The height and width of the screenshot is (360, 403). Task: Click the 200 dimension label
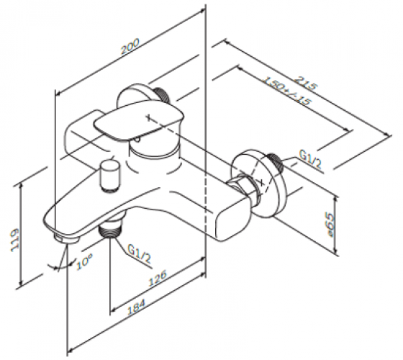point(130,46)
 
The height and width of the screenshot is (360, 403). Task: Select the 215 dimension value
point(305,83)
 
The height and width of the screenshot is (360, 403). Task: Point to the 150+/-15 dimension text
point(286,91)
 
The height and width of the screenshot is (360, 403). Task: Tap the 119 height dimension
point(15,240)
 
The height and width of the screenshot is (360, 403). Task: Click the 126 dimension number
point(158,278)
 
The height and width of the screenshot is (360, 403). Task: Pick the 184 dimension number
point(137,307)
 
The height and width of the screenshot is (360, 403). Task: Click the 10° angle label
point(85,261)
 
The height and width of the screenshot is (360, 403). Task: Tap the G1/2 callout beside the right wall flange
point(310,160)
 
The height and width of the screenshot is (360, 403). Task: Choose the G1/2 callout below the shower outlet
point(139,253)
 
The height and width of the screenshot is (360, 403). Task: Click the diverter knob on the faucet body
point(110,176)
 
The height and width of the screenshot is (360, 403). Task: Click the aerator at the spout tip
point(67,238)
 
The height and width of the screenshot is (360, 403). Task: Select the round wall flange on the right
point(258,183)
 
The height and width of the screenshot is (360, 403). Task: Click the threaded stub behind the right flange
point(275,163)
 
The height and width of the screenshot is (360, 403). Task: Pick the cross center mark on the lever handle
point(148,118)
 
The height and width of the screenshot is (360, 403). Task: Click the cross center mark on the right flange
point(262,183)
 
